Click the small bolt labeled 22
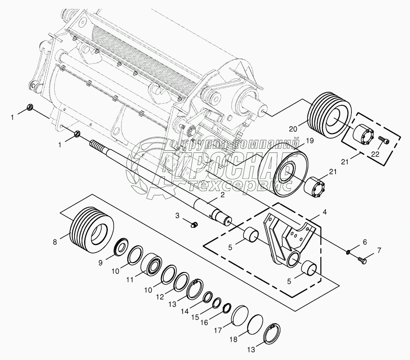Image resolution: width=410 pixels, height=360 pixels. [384, 140]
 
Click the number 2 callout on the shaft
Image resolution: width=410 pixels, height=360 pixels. [222, 195]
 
